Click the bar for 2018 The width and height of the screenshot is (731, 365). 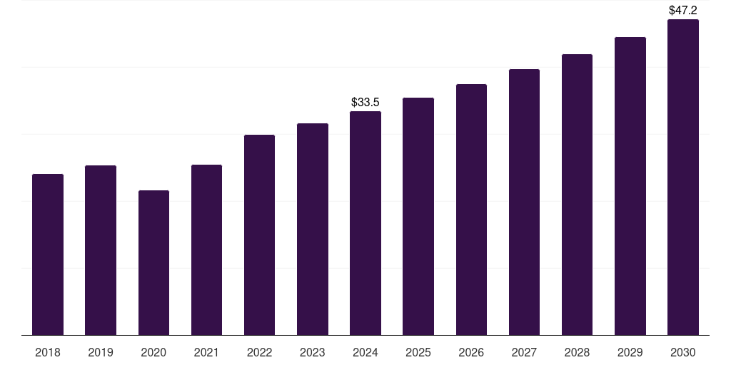(x=48, y=255)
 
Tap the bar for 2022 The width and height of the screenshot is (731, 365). (x=259, y=235)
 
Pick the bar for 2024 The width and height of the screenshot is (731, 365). (x=365, y=223)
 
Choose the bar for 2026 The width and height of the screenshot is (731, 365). (x=471, y=210)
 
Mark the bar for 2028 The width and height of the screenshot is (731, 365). (x=577, y=195)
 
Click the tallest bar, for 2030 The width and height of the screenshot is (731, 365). (x=683, y=178)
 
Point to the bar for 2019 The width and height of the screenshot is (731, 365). (x=101, y=250)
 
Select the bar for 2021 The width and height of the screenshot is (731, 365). (x=206, y=250)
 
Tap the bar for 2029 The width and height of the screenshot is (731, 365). (x=630, y=186)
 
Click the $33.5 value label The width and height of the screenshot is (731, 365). (x=365, y=103)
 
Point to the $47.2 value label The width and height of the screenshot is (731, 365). (x=683, y=11)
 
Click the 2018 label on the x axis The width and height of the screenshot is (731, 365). (x=48, y=352)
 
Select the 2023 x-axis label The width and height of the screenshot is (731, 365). (x=313, y=352)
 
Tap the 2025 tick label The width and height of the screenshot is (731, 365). (x=418, y=352)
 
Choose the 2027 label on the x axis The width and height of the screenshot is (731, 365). (x=524, y=352)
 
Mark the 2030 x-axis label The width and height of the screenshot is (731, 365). (x=683, y=352)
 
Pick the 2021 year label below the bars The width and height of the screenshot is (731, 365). (x=206, y=352)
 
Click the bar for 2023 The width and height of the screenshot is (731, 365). (x=313, y=229)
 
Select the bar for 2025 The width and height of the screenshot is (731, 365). (x=418, y=216)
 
